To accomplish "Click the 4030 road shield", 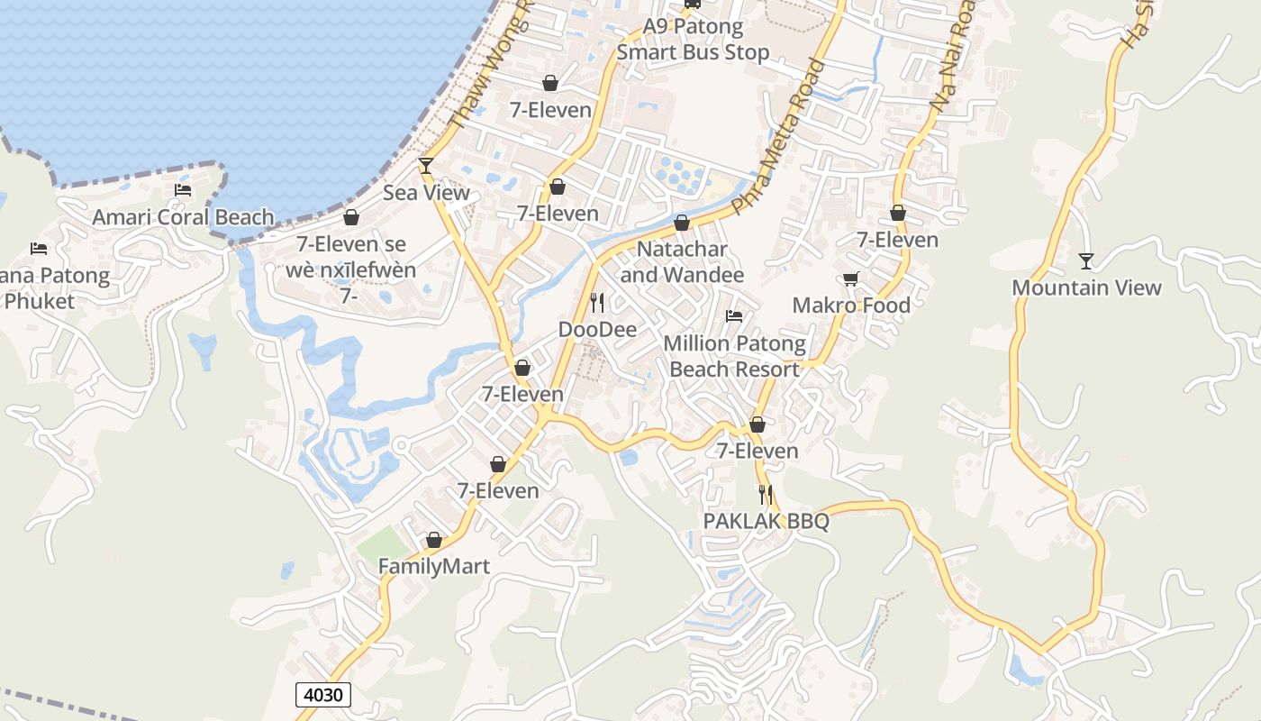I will tap(323, 695).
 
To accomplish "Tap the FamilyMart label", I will tap(433, 567).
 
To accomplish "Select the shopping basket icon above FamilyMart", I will tap(433, 540).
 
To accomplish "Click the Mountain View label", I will tap(1086, 287).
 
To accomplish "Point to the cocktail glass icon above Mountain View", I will tap(1086, 261).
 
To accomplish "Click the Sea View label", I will tap(426, 192).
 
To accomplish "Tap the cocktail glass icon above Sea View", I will tap(426, 166).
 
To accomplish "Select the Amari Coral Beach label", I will tap(183, 217).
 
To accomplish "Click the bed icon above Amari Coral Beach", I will tap(183, 190).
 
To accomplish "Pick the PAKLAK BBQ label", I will tap(766, 521).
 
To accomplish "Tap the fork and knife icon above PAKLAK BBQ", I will tap(766, 494).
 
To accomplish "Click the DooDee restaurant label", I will tap(597, 330).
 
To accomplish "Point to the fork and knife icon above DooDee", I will tap(597, 303).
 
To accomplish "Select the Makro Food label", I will tap(851, 306).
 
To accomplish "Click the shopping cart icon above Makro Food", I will tap(851, 278).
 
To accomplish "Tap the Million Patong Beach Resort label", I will tap(734, 356).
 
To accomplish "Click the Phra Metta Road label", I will tap(779, 137).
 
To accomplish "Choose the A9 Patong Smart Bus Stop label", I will tap(693, 40).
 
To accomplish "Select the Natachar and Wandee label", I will tap(682, 261).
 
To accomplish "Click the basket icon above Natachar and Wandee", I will tap(682, 223).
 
